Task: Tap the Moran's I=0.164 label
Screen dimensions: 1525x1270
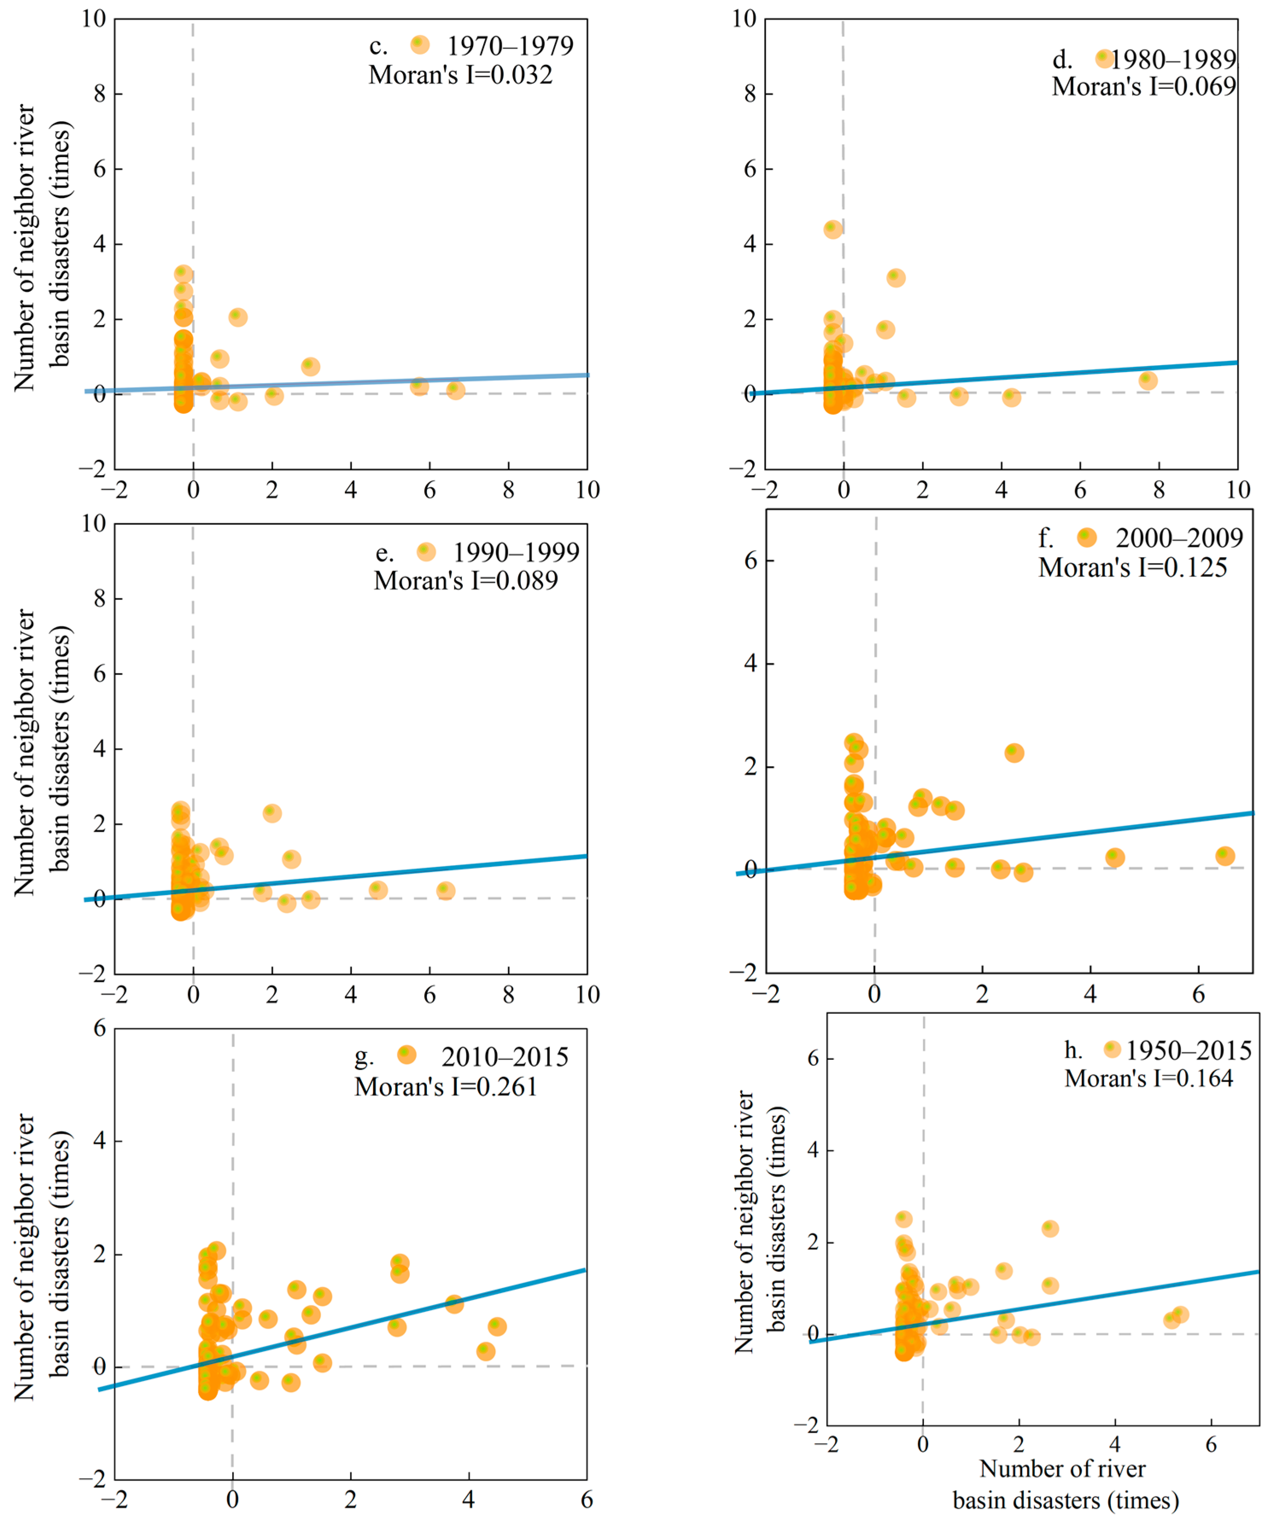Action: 1149,1078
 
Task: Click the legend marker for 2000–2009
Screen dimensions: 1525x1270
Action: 1086,537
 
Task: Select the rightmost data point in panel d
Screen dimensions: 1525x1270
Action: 1147,380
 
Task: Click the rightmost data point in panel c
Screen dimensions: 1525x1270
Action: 455,390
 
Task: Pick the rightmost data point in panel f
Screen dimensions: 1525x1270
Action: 1225,855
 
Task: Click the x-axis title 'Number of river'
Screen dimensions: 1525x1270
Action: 1062,1468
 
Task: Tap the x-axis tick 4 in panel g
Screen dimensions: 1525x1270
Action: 469,1499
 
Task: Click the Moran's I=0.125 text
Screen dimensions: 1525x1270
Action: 1132,568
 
